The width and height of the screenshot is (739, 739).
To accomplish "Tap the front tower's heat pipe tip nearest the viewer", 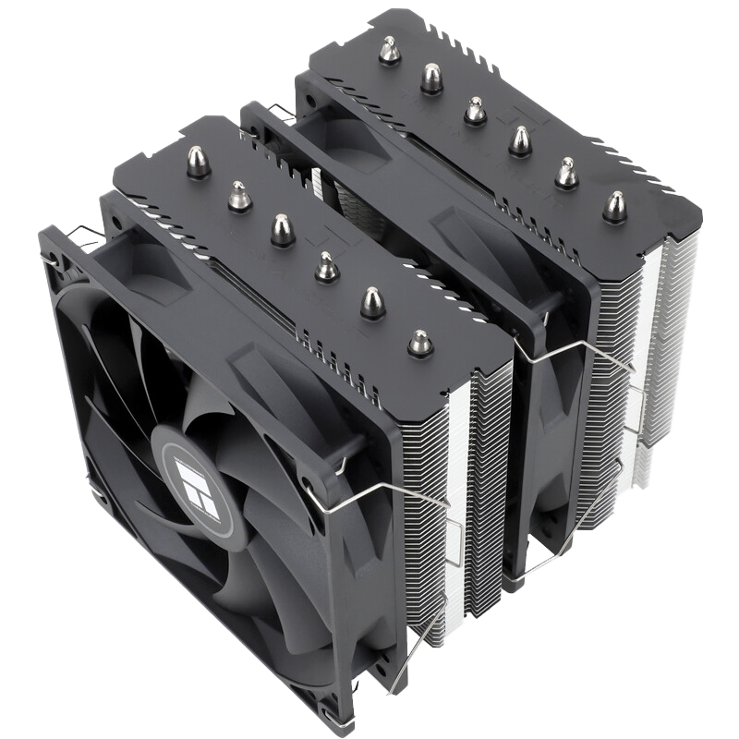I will pos(420,343).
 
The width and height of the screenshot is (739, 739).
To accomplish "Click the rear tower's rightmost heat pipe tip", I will pos(614,206).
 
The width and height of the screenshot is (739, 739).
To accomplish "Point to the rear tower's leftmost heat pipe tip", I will pos(390,50).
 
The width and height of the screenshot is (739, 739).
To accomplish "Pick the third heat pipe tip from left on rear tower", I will pos(475,110).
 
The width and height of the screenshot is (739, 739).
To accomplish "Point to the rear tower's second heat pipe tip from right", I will pos(566,173).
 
